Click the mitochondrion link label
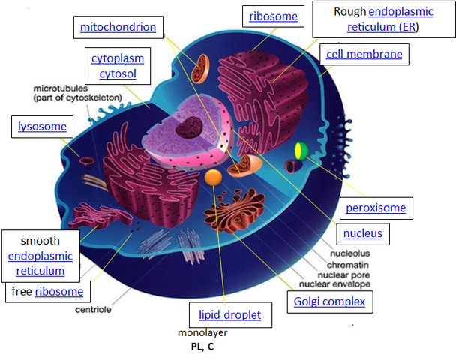pyautogui.click(x=118, y=28)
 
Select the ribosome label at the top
pyautogui.click(x=273, y=16)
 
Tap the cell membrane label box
pyautogui.click(x=364, y=54)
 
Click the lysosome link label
pyautogui.click(x=43, y=127)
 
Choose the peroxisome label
pyautogui.click(x=375, y=208)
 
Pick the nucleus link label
pyautogui.click(x=362, y=233)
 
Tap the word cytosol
pyautogui.click(x=118, y=74)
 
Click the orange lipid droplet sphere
pyautogui.click(x=213, y=178)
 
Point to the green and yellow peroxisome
pyautogui.click(x=301, y=150)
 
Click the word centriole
pyautogui.click(x=93, y=309)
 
